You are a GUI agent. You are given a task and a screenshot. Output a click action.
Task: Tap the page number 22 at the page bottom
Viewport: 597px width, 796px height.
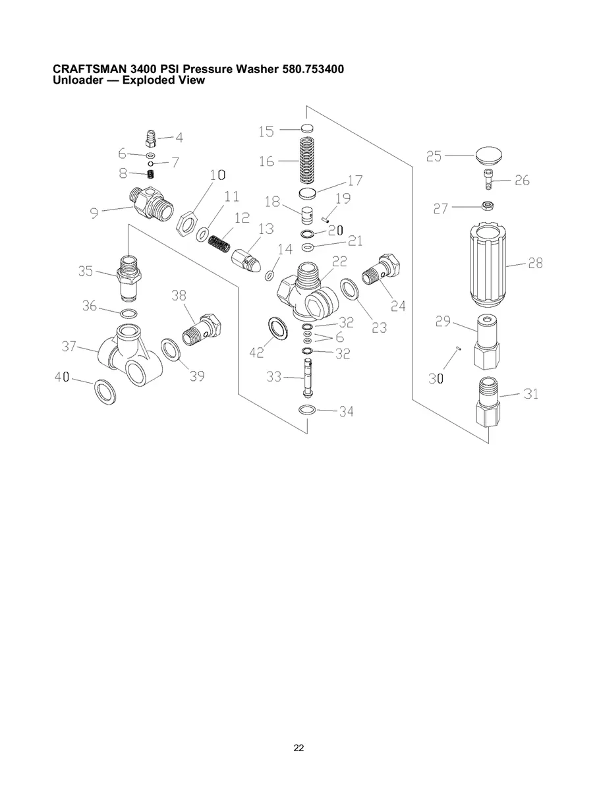pos(298,748)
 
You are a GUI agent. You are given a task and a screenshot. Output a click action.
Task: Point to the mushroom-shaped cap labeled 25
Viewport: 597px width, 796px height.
pos(488,157)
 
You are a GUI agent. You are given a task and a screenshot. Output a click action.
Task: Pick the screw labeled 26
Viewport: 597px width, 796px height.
pos(486,179)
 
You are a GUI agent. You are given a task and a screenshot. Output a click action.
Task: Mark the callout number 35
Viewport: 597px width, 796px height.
pos(86,270)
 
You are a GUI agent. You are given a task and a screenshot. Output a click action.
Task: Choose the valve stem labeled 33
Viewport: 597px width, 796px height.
pos(307,380)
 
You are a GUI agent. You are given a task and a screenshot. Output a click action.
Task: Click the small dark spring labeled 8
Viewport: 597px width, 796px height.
pos(151,175)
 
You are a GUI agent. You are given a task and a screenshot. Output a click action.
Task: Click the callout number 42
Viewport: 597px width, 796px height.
pos(257,353)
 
